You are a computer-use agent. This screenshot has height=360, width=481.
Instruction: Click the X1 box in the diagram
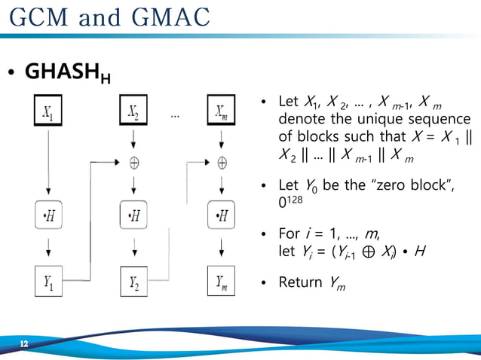[x=47, y=113]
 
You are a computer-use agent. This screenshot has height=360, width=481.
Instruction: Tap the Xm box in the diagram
[x=222, y=113]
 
